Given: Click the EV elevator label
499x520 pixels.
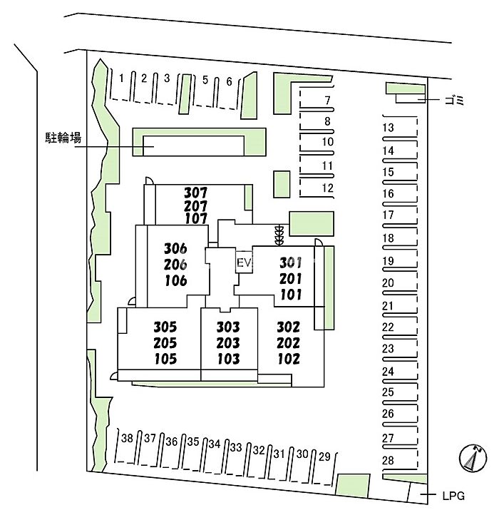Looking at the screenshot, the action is click(x=244, y=263).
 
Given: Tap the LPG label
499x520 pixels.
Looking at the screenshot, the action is click(x=452, y=496).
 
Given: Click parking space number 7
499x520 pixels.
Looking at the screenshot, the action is click(x=327, y=100).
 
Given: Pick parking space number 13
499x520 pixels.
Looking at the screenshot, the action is click(x=389, y=128).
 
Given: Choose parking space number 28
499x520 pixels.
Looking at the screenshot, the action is click(x=389, y=461).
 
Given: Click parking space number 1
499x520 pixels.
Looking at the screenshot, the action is click(x=122, y=77).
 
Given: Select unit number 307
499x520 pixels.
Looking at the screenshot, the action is click(x=195, y=193).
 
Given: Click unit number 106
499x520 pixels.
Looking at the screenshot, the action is click(x=175, y=280).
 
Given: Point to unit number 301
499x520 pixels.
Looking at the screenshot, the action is click(x=291, y=262).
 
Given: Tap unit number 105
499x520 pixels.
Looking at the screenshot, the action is click(x=165, y=359).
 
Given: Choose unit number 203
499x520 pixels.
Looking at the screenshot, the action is click(x=228, y=343).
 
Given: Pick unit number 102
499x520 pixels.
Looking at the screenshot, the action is click(x=288, y=359).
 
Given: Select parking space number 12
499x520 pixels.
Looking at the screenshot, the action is click(x=328, y=188).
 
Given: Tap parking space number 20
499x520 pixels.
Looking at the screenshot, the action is click(x=389, y=283).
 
